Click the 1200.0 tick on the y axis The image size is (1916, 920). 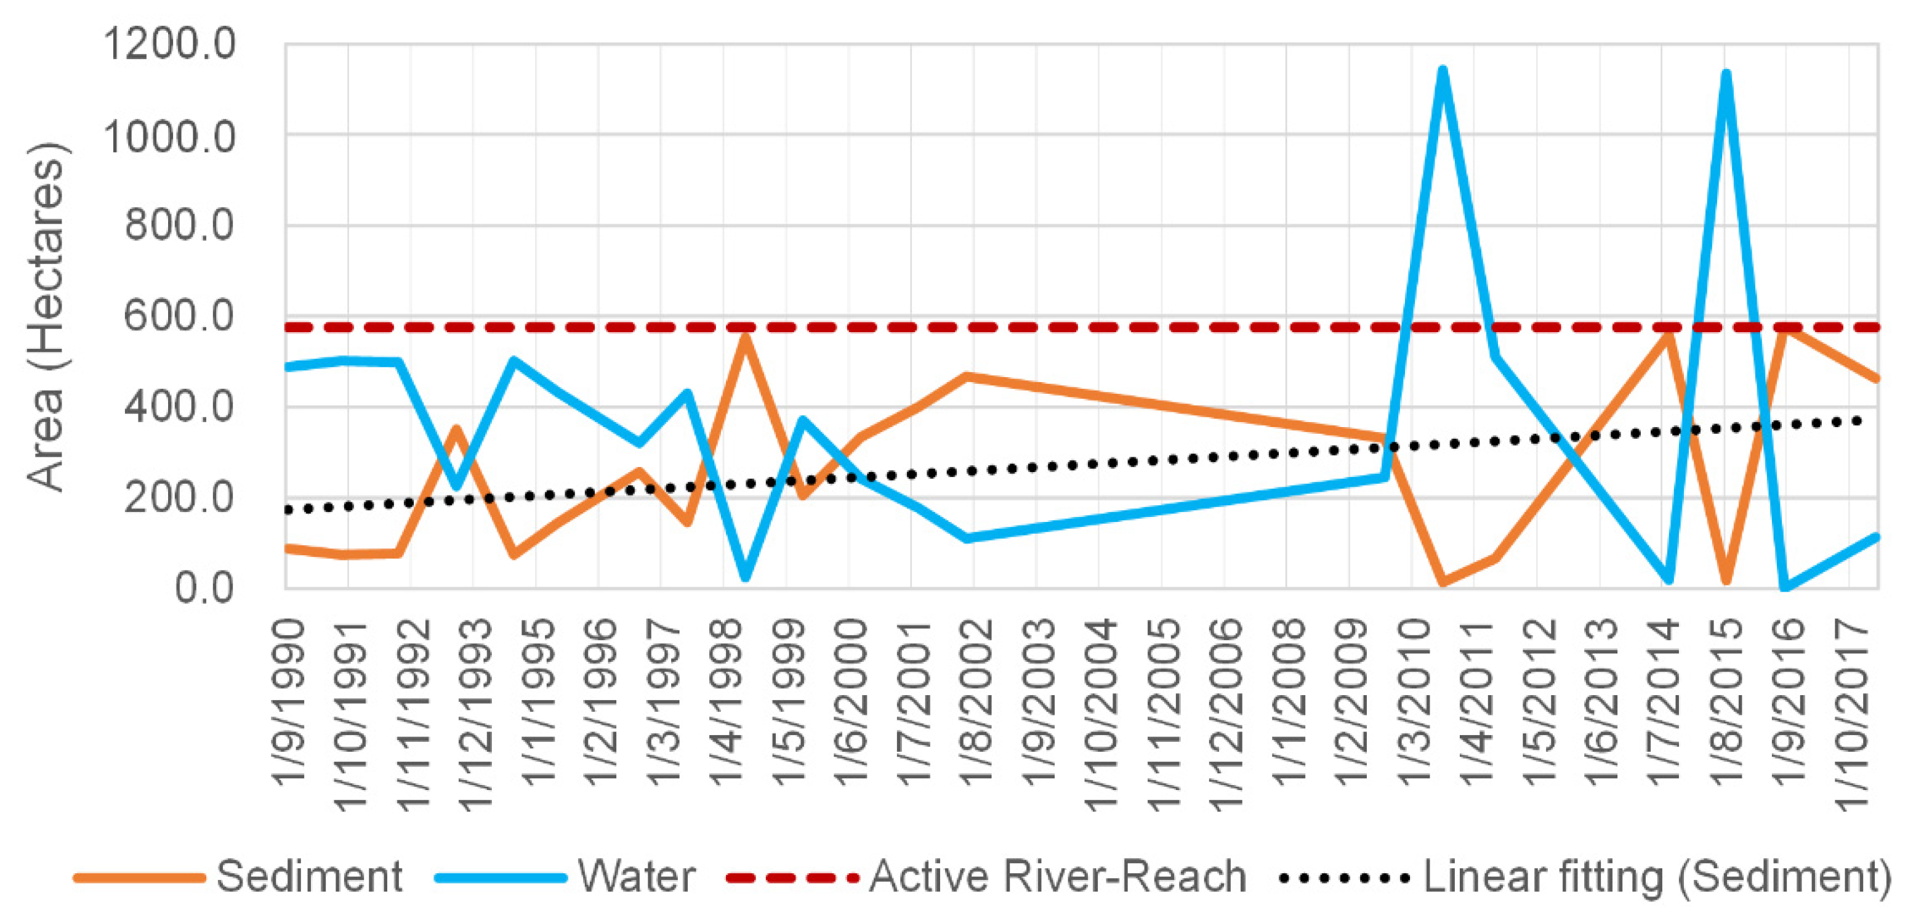(x=169, y=44)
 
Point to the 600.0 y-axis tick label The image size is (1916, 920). (x=179, y=316)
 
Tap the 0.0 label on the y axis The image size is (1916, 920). (x=204, y=588)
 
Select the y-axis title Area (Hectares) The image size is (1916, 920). (x=46, y=316)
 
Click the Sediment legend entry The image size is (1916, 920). (x=308, y=877)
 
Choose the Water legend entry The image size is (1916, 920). (x=637, y=877)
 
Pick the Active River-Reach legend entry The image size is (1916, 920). (x=1058, y=877)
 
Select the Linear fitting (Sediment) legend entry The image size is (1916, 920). (x=1657, y=877)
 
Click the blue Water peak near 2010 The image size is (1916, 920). (x=1443, y=71)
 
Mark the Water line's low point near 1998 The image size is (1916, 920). (x=745, y=577)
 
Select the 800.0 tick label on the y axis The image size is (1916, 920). (x=179, y=226)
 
